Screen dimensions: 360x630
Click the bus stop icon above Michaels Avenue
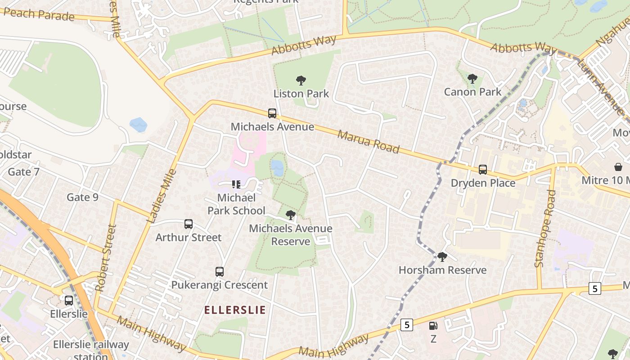(x=272, y=113)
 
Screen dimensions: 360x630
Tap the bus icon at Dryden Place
(x=483, y=170)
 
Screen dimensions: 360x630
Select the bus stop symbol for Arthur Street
(x=189, y=224)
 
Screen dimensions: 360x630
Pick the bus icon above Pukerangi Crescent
(x=220, y=272)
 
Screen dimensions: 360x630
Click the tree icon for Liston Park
(x=301, y=81)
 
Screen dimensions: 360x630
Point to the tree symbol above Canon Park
(x=472, y=79)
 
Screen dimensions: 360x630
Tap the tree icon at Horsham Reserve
(x=442, y=257)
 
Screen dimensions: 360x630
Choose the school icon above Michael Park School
(x=236, y=184)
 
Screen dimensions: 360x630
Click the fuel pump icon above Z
(x=433, y=326)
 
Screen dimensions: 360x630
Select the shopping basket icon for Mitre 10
(x=619, y=167)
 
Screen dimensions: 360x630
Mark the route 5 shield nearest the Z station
(x=406, y=324)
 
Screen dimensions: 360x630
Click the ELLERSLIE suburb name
(x=235, y=310)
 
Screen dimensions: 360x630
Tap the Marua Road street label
(x=369, y=142)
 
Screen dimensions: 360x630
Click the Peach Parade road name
(x=39, y=14)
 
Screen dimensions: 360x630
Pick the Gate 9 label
(x=82, y=197)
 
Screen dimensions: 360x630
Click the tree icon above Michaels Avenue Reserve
(x=291, y=215)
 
